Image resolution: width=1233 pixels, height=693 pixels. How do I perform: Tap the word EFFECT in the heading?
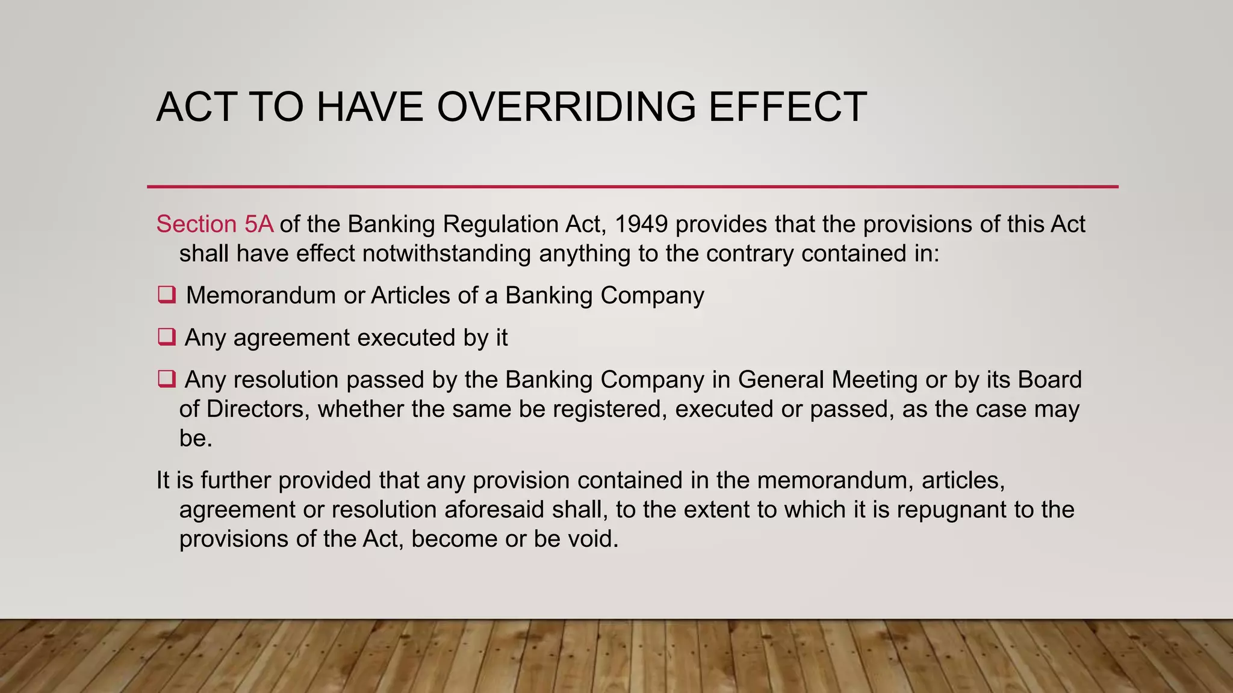[787, 107]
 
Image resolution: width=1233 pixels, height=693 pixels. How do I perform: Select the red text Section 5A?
[215, 224]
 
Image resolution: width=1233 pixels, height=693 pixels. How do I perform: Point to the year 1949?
[641, 224]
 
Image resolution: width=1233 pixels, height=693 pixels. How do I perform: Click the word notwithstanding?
[446, 253]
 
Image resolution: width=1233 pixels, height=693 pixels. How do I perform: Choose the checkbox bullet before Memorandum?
[166, 295]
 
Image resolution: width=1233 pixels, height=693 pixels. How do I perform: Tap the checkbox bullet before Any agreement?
[166, 337]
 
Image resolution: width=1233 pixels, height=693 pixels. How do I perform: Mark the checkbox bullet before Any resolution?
[166, 379]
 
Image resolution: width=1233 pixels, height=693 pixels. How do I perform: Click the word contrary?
[750, 253]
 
